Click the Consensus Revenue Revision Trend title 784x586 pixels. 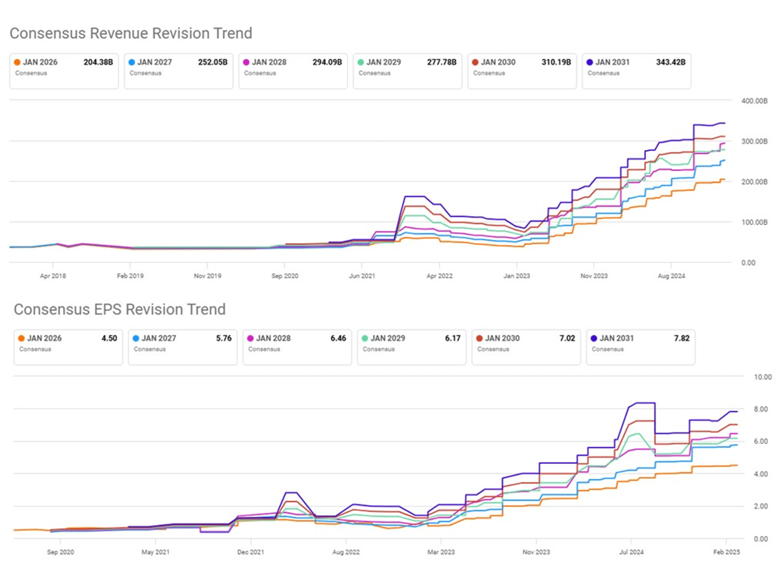pos(131,33)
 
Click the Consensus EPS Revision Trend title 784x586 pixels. pos(120,308)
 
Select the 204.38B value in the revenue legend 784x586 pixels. pos(98,62)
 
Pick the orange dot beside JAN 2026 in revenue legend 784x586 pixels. pos(17,62)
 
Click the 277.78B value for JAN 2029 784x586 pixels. pos(441,62)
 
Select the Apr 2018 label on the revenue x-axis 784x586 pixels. pos(53,276)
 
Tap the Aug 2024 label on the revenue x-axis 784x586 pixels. pos(670,276)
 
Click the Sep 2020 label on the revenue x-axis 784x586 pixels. pos(283,276)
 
